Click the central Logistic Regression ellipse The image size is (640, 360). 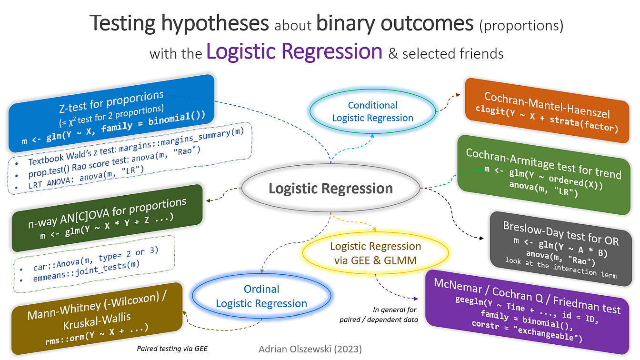[330, 189]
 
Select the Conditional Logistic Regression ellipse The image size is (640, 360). [373, 111]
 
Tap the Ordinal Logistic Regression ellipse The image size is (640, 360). [261, 296]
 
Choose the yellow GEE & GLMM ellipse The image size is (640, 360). [376, 253]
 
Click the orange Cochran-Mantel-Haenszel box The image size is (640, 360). [547, 111]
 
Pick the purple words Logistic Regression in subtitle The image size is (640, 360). [294, 51]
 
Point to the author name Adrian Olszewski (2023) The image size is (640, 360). [310, 349]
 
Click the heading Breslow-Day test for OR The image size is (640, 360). [560, 234]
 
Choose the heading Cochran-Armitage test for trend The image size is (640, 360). [543, 163]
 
